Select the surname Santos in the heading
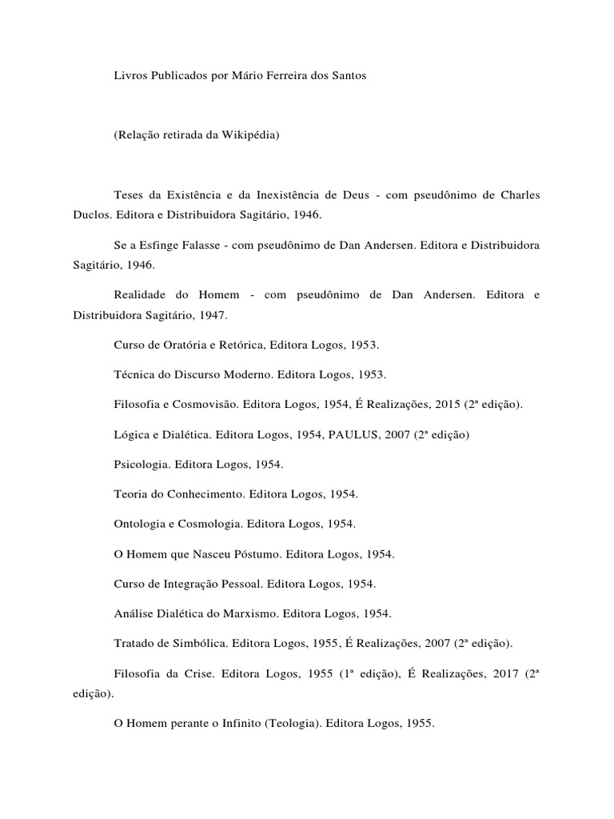pos(348,74)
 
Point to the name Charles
pos(520,195)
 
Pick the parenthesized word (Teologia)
pos(285,723)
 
